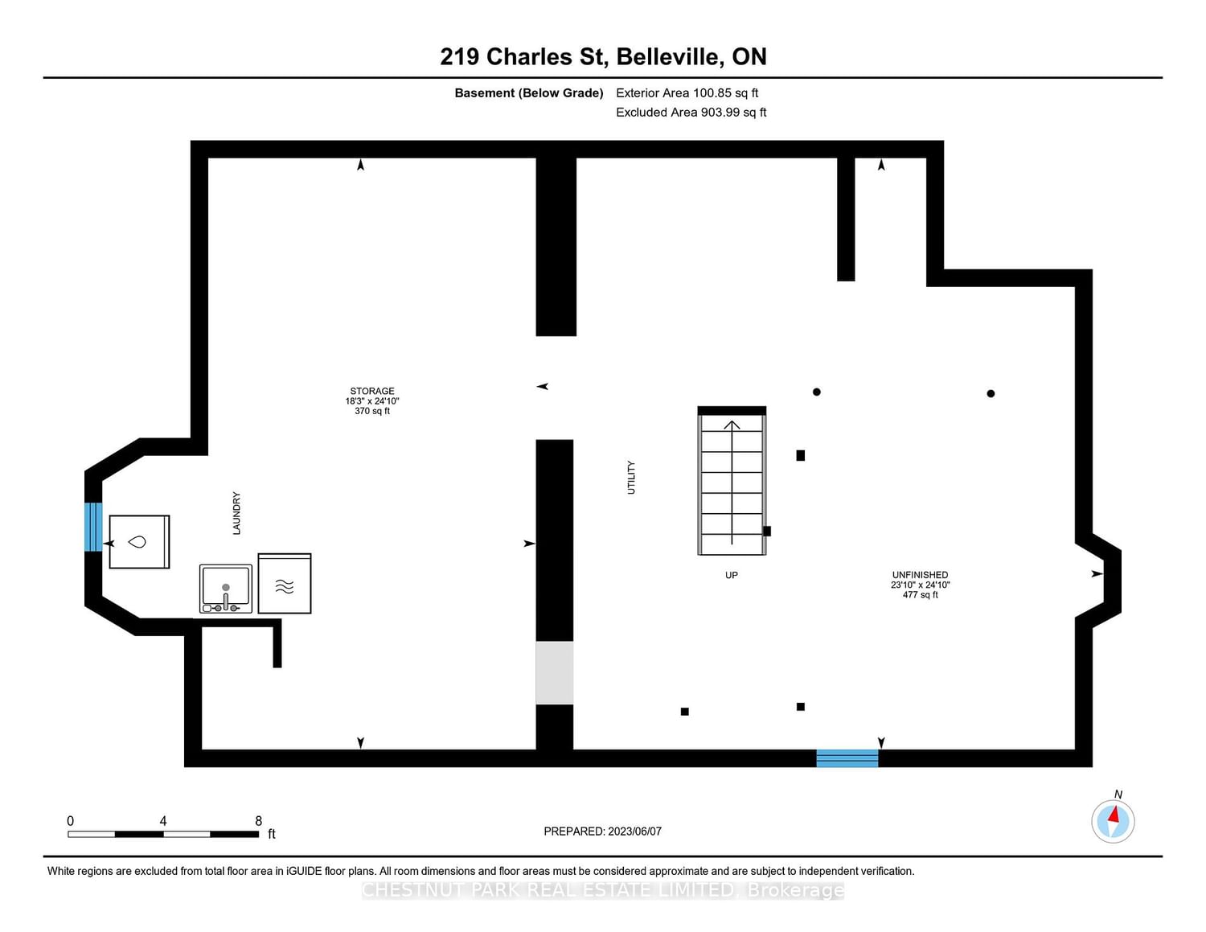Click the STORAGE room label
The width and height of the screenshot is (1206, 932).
[x=371, y=391]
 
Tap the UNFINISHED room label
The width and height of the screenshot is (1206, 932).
[x=920, y=574]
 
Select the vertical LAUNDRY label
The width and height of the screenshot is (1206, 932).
[x=236, y=513]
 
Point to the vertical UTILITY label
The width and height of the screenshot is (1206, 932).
[x=630, y=478]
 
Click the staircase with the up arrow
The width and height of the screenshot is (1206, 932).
[x=732, y=481]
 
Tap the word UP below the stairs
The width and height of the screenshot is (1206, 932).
[x=732, y=575]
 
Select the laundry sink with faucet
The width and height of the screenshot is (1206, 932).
[x=226, y=589]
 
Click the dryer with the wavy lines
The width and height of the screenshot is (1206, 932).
[x=285, y=583]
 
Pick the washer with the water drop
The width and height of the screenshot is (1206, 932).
[x=139, y=541]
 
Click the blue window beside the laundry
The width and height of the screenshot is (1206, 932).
[x=93, y=527]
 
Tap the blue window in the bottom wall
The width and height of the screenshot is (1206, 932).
[x=847, y=758]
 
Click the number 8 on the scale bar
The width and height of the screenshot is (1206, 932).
[x=259, y=820]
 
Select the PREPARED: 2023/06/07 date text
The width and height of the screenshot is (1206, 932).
[x=603, y=831]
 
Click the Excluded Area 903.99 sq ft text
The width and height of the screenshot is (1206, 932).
[x=691, y=112]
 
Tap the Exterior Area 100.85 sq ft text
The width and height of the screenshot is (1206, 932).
[x=687, y=92]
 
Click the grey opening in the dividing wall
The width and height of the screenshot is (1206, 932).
[x=555, y=673]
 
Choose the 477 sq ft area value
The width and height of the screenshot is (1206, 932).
[x=921, y=594]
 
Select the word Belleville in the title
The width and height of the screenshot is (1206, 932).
[x=669, y=56]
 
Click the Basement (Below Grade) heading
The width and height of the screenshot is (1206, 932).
[x=529, y=93]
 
